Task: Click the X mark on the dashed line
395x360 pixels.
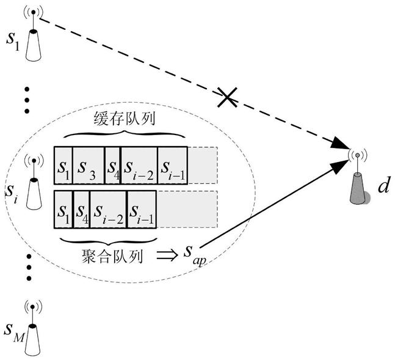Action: click(x=227, y=97)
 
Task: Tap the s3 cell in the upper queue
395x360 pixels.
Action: click(x=88, y=166)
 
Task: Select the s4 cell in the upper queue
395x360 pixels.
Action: click(x=112, y=166)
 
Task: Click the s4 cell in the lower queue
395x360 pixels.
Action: click(x=82, y=210)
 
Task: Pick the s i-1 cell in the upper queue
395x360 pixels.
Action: click(x=173, y=166)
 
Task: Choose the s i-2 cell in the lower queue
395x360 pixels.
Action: click(x=108, y=210)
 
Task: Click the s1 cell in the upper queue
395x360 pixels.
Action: click(x=63, y=166)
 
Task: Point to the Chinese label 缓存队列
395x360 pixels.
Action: click(x=124, y=119)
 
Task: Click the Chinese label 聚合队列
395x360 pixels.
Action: click(x=112, y=257)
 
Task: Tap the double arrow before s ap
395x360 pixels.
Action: click(x=167, y=255)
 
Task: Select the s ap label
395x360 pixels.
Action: click(x=195, y=255)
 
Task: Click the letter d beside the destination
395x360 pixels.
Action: click(x=384, y=185)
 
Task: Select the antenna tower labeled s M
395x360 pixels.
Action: click(x=33, y=330)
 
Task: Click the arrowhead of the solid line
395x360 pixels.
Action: click(x=339, y=166)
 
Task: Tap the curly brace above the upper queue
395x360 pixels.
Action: click(x=124, y=134)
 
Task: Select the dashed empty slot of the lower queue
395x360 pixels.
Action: click(x=187, y=210)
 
